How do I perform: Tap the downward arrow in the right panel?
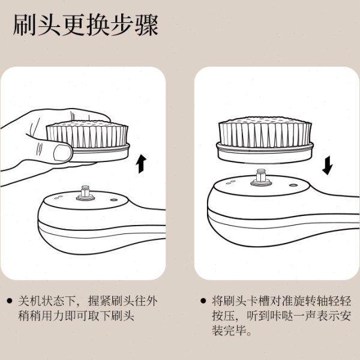327,164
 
